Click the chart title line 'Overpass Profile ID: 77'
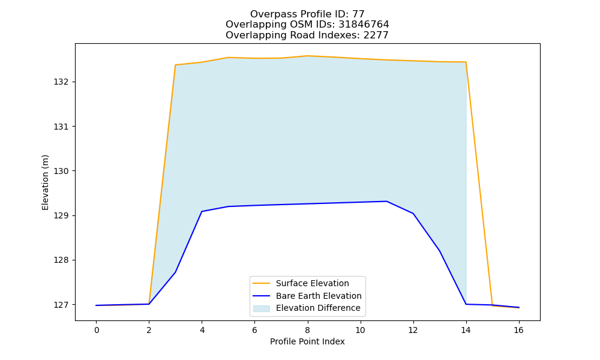307,14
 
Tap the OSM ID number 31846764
364,25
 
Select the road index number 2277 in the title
376,35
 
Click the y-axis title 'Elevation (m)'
45,182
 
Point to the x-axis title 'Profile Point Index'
307,341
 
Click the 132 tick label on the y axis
61,82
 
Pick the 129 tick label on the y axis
61,216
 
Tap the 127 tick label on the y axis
61,305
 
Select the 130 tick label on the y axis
61,171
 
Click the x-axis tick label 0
97,330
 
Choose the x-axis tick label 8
307,330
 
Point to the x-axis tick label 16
518,330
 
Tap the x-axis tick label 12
413,330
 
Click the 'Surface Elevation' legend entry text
312,283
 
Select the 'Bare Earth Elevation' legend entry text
319,296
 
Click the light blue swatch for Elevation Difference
262,308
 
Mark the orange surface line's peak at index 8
307,56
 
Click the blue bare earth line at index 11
386,201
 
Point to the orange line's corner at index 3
175,65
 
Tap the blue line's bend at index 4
202,211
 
